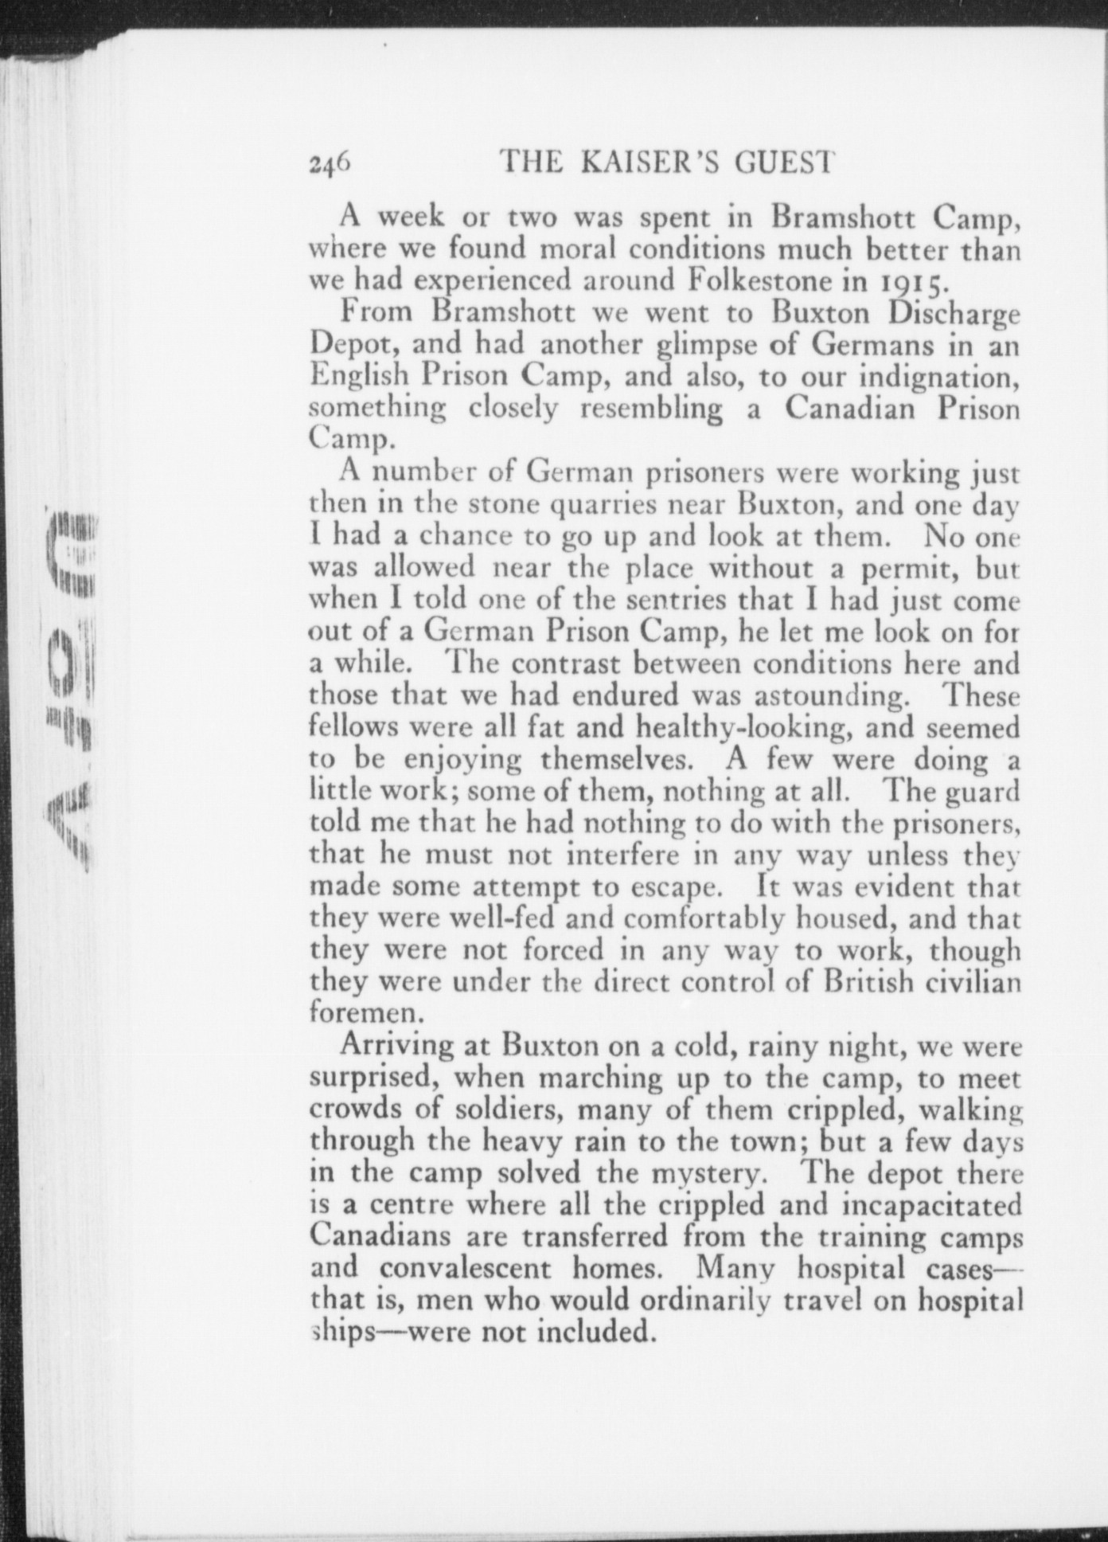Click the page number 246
(x=329, y=162)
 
